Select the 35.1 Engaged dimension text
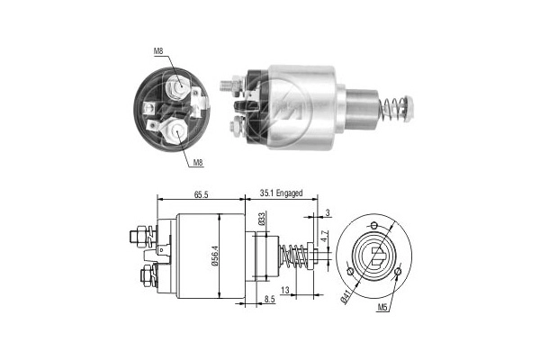click(x=281, y=193)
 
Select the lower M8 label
click(x=198, y=163)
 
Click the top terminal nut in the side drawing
click(x=138, y=237)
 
